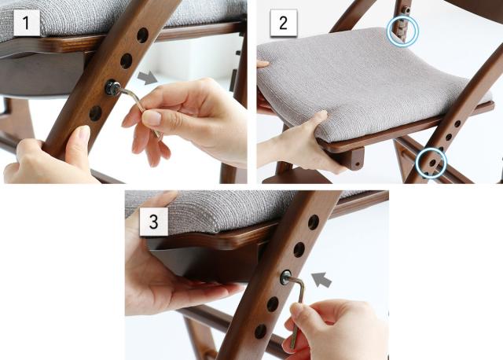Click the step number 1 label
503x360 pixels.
[27, 23]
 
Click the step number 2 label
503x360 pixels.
[284, 23]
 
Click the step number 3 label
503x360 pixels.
[154, 222]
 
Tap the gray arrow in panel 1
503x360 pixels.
[148, 79]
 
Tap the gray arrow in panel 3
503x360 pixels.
[321, 280]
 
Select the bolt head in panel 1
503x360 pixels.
[112, 88]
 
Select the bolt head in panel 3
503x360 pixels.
[285, 277]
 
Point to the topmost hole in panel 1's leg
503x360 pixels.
[142, 35]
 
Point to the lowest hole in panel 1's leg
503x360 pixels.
[95, 113]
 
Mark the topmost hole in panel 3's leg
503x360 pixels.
[314, 222]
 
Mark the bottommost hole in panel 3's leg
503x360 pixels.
[260, 331]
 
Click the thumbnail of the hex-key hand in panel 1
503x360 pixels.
[152, 118]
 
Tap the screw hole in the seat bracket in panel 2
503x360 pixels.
[358, 164]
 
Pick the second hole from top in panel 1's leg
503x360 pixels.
[126, 61]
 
